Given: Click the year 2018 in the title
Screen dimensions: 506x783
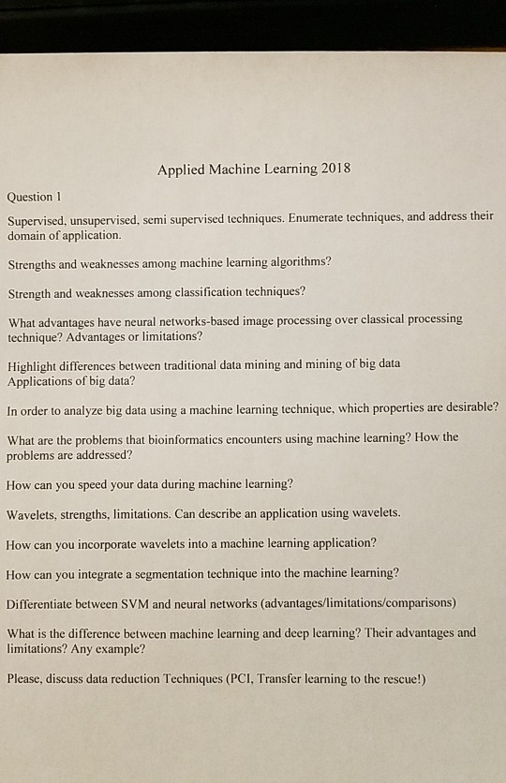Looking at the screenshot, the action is pyautogui.click(x=335, y=170).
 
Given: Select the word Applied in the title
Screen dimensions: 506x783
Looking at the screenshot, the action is pyautogui.click(x=180, y=170).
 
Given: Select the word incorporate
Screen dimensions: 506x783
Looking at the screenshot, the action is pyautogui.click(x=120, y=543).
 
